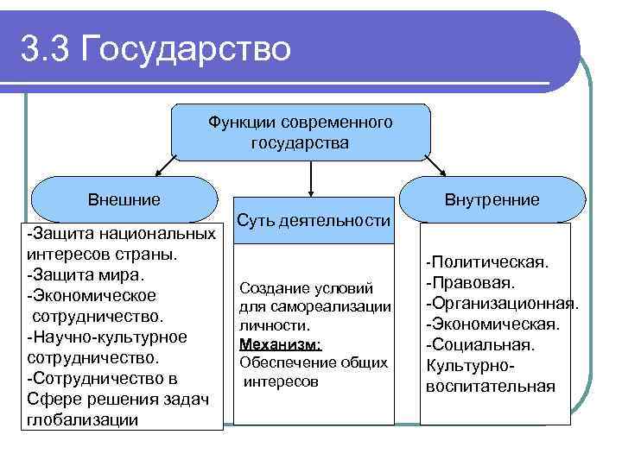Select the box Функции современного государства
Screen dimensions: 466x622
click(300, 132)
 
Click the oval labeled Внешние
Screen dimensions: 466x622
click(124, 200)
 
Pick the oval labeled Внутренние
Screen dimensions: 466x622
click(492, 200)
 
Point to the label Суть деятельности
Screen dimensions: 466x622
click(313, 221)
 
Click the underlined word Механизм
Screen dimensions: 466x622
click(280, 344)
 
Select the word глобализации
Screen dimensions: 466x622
click(82, 419)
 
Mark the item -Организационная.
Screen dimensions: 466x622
click(500, 303)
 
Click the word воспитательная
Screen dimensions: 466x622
click(490, 386)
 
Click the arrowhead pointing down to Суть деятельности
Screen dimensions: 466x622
click(310, 187)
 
